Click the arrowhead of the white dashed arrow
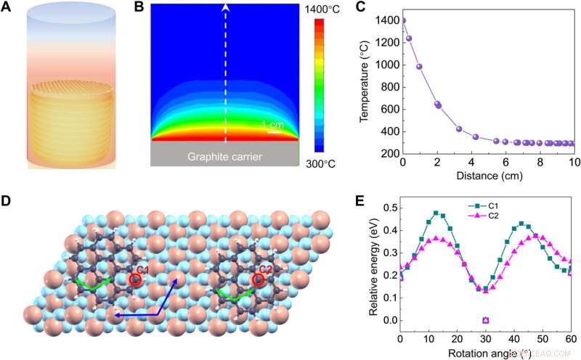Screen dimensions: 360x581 tap(225, 8)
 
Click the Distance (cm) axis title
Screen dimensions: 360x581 tap(487, 175)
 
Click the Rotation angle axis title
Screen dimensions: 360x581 tap(485, 353)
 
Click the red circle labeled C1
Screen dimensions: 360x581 tap(134, 279)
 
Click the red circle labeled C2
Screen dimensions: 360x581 tap(257, 279)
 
